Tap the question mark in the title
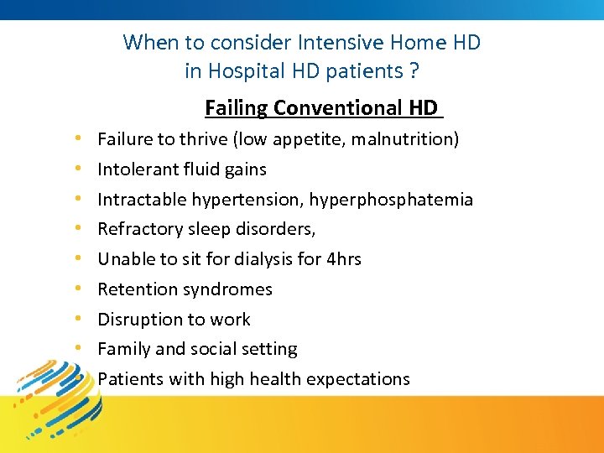[414, 71]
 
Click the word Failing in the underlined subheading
[236, 108]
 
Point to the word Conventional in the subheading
[338, 108]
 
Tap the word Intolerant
[134, 169]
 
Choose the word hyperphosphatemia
[391, 200]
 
